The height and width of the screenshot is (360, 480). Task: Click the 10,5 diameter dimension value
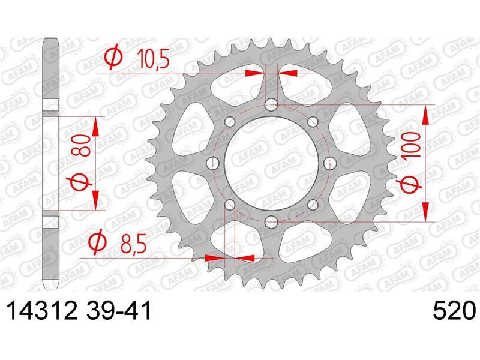coord(153,58)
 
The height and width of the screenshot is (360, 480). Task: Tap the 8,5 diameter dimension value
coord(133,244)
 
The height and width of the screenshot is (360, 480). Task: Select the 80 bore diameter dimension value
coord(82,146)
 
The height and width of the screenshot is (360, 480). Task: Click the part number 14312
coord(41,310)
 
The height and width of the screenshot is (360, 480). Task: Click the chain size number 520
coord(454,310)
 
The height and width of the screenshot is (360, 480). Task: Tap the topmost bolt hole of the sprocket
coord(271,104)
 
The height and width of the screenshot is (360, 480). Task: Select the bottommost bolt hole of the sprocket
coord(271,221)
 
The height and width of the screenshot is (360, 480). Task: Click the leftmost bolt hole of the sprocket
coord(213,163)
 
